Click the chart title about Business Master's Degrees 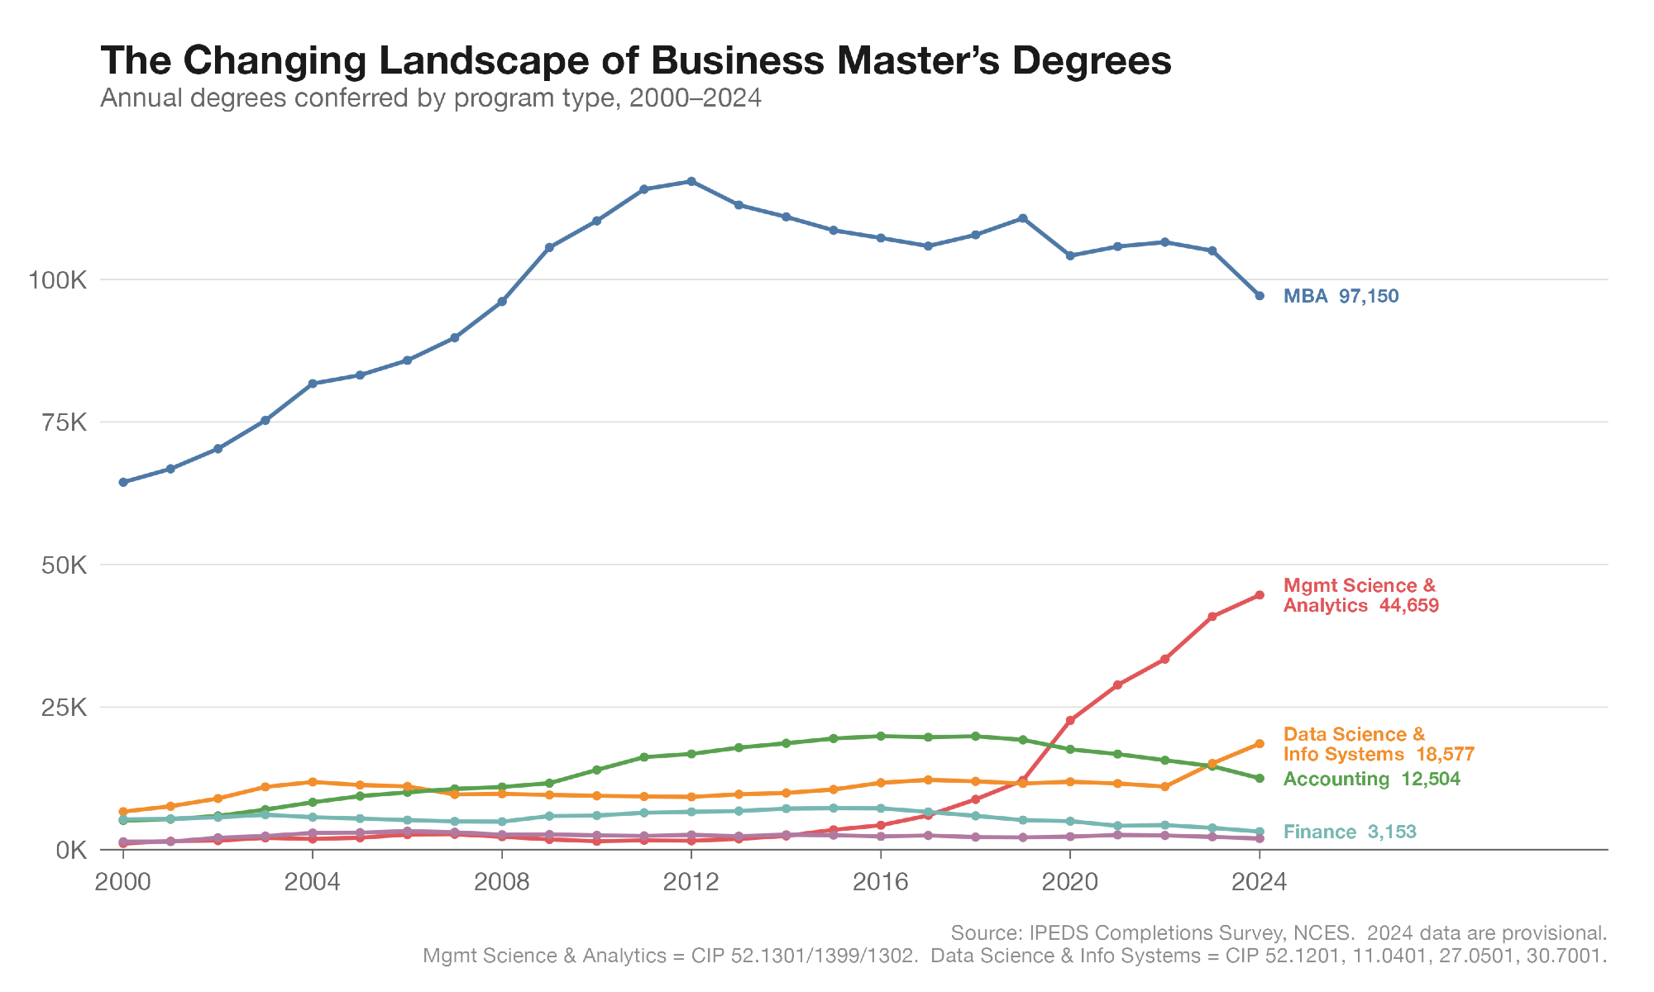(635, 60)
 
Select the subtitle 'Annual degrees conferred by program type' (430, 98)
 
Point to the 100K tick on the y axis (58, 280)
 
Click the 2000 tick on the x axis (123, 882)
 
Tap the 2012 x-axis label (691, 882)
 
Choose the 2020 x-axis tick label (1070, 882)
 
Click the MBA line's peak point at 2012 (691, 181)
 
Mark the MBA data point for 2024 (1260, 295)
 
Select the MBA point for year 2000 (123, 482)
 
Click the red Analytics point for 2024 (1260, 594)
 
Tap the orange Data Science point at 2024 (1260, 743)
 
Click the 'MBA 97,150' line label (1341, 296)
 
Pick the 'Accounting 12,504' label (1371, 779)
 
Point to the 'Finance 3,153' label (1350, 832)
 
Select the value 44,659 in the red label (1408, 605)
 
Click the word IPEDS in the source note (1056, 933)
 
